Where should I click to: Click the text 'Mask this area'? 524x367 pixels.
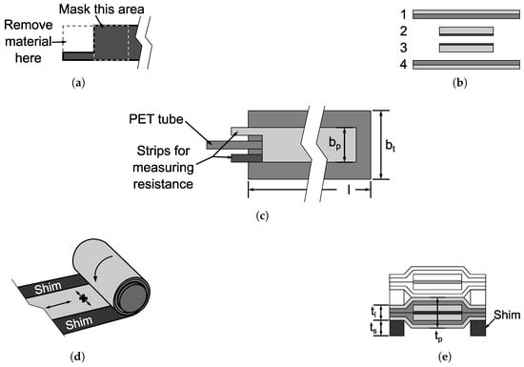pyautogui.click(x=102, y=9)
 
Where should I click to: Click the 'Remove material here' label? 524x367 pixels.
pyautogui.click(x=29, y=41)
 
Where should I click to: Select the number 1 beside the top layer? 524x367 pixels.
pyautogui.click(x=404, y=14)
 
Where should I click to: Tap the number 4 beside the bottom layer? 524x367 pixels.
pyautogui.click(x=404, y=64)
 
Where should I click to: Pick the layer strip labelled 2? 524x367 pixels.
pyautogui.click(x=466, y=31)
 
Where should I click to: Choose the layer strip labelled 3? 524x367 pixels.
pyautogui.click(x=466, y=48)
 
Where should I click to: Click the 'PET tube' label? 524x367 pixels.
pyautogui.click(x=156, y=119)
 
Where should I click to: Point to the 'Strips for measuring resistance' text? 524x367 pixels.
pyautogui.click(x=163, y=168)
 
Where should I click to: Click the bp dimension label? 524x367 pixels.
pyautogui.click(x=334, y=143)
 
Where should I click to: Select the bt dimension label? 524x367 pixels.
pyautogui.click(x=391, y=145)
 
